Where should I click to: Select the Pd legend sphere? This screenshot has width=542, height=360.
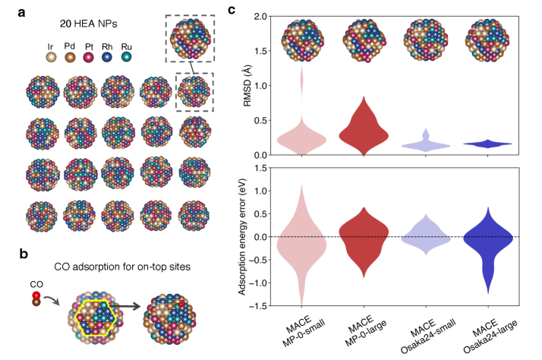71,56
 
